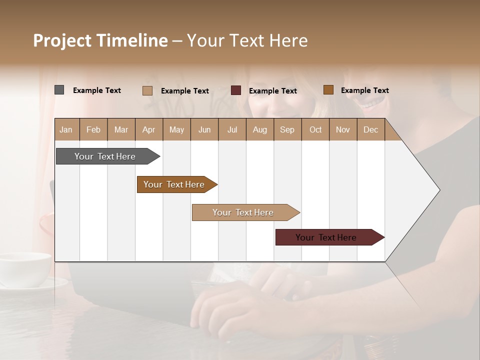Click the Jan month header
coord(66,129)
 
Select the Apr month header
coord(148,129)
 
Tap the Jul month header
coord(232,129)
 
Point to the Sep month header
coord(287,129)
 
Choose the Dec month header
coord(370,129)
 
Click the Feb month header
coord(93,129)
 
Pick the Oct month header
coord(315,129)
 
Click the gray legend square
coord(59,90)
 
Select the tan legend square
coord(147,90)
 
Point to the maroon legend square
coord(236,90)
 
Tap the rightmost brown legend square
coord(328,90)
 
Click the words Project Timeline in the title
coord(100,40)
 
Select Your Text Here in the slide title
coord(247,40)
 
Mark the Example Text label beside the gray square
coord(97,90)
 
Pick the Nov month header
coord(343,129)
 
